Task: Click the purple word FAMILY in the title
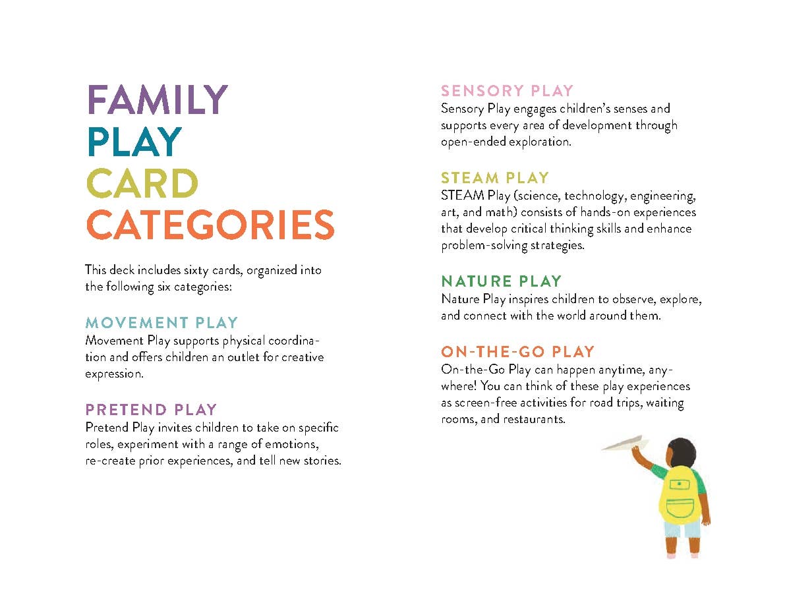[x=158, y=100]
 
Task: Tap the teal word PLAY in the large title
[x=134, y=142]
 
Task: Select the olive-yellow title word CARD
[x=142, y=183]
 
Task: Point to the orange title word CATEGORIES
[x=210, y=225]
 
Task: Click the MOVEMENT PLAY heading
[x=161, y=323]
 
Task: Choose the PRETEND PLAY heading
[x=151, y=410]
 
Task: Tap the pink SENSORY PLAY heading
[x=508, y=91]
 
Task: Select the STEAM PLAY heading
[x=495, y=178]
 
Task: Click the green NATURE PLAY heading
[x=502, y=281]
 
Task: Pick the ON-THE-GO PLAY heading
[x=517, y=352]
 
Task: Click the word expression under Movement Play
[x=115, y=374]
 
